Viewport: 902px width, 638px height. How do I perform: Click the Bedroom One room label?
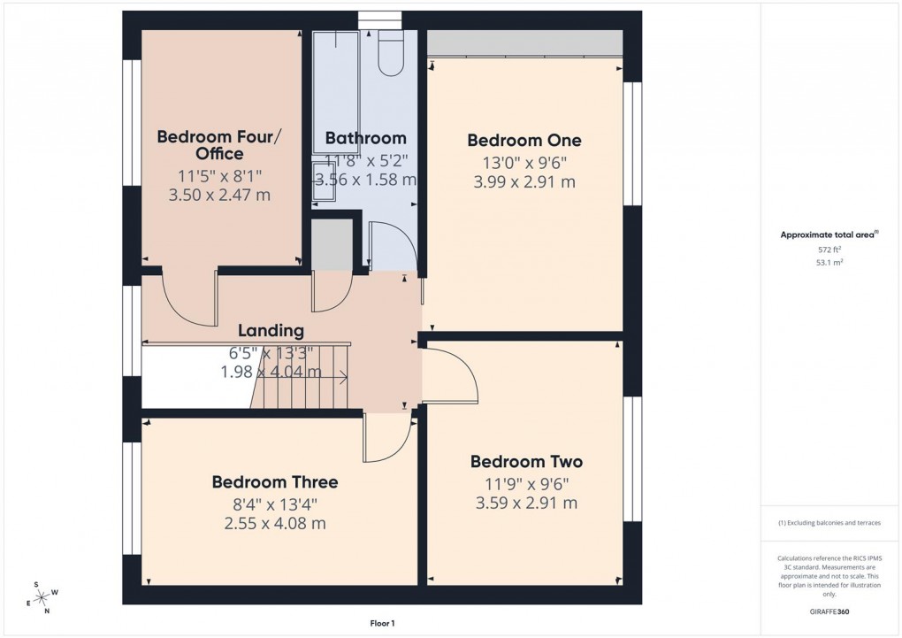click(x=524, y=140)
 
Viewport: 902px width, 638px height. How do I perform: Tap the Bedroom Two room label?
click(x=526, y=461)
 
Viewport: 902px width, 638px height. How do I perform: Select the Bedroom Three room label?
click(x=274, y=482)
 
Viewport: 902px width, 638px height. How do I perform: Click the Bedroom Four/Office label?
click(x=219, y=145)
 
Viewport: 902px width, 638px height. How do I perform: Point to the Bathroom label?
click(x=365, y=138)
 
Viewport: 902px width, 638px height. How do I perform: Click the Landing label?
click(x=271, y=331)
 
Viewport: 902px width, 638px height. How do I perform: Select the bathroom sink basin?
click(x=321, y=182)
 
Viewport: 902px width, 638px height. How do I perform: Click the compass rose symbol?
click(x=41, y=597)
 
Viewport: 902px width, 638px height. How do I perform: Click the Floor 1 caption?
click(x=382, y=623)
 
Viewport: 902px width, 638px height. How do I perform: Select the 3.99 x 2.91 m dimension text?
click(x=523, y=182)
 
